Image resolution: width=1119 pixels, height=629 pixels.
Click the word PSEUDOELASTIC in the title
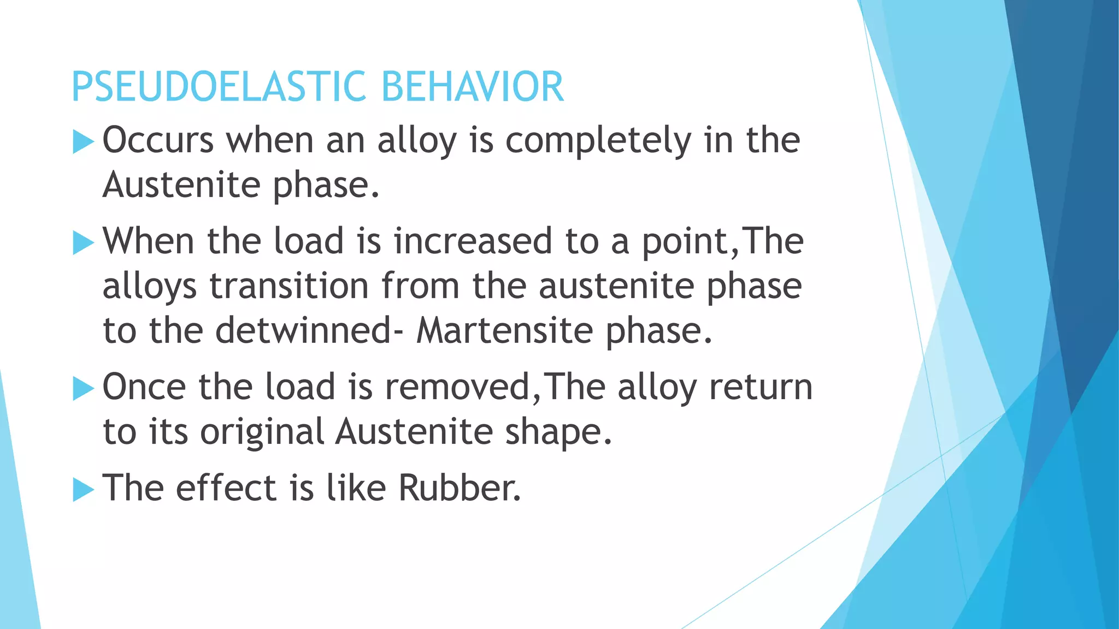tap(219, 87)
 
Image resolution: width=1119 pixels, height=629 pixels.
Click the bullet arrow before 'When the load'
tap(83, 242)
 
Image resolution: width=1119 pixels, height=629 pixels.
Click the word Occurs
tap(158, 140)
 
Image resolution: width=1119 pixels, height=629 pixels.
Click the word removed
tap(457, 387)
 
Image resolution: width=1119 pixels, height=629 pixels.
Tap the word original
tap(262, 433)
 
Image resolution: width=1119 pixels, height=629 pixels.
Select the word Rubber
tap(459, 488)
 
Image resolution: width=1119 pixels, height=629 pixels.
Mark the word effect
tap(226, 488)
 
